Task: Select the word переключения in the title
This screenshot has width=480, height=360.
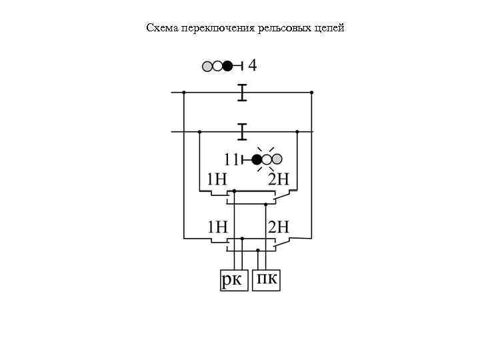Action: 207,29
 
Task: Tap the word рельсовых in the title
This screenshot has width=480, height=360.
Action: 271,29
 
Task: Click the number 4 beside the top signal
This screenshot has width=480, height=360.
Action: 252,65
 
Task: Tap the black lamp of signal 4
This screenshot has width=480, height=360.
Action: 227,66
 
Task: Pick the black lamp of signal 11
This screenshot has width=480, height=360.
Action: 256,159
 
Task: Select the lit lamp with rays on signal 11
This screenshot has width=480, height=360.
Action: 267,159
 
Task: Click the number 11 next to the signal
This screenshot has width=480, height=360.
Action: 231,159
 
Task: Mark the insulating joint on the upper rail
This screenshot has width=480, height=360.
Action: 242,93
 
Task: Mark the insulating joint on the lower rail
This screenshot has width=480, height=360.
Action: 242,131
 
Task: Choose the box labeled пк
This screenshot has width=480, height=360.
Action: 267,280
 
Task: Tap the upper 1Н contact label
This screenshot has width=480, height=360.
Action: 217,179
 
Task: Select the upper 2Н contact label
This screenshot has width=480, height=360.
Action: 279,179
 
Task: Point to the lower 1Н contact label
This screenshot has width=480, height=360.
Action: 217,227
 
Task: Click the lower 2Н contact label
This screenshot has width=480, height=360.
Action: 279,227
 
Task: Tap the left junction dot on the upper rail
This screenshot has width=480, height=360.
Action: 183,93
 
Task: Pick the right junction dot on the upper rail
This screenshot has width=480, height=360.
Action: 311,93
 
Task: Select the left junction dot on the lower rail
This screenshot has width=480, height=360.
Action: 199,131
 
